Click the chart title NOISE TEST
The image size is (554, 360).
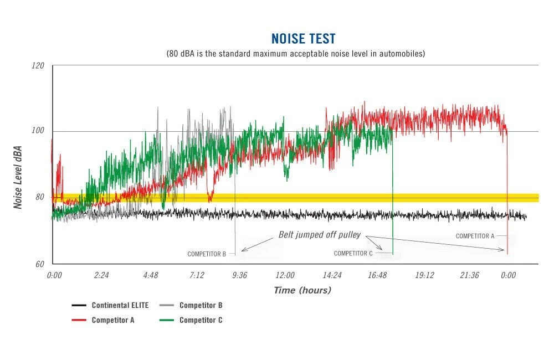click(303, 39)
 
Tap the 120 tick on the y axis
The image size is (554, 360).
click(38, 65)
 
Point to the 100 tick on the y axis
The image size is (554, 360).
click(38, 131)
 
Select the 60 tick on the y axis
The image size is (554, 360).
click(40, 264)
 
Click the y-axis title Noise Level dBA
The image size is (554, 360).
click(18, 178)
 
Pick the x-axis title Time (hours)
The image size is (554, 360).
click(302, 290)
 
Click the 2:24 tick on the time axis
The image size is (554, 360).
click(101, 275)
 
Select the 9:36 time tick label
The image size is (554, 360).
click(240, 275)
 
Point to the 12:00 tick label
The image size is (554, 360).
click(285, 275)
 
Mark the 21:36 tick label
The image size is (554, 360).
click(469, 275)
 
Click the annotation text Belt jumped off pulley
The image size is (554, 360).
click(320, 235)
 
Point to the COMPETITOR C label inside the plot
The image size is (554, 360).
click(353, 253)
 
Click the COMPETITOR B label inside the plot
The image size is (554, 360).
click(207, 254)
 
